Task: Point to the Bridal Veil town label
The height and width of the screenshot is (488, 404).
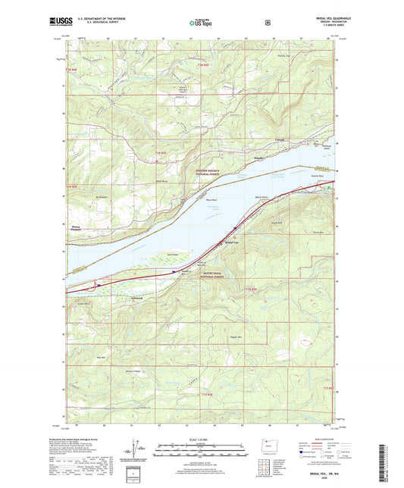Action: point(230,242)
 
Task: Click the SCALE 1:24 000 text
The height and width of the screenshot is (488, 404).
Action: point(201,440)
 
